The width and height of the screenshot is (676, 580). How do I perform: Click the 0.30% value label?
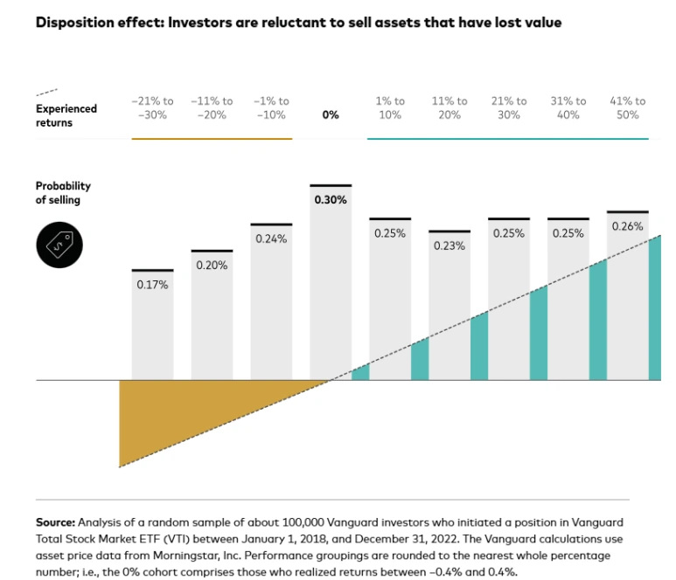331,200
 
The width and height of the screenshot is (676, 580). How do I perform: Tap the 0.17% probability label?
152,284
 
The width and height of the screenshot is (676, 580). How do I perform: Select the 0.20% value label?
212,265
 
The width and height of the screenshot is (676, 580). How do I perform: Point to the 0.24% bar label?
271,238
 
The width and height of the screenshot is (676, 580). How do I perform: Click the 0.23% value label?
450,246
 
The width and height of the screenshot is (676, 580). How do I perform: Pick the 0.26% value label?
627,226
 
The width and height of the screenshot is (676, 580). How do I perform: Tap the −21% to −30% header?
152,108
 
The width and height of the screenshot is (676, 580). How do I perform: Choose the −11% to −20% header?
212,108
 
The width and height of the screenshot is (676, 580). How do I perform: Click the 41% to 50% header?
627,108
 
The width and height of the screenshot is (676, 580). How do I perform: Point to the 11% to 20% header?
450,108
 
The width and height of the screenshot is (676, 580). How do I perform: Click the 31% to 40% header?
568,108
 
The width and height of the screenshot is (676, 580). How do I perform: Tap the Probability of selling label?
63,193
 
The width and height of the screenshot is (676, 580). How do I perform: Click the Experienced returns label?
66,115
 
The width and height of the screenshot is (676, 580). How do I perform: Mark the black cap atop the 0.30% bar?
331,185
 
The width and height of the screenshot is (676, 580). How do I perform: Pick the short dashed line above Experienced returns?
47,92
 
